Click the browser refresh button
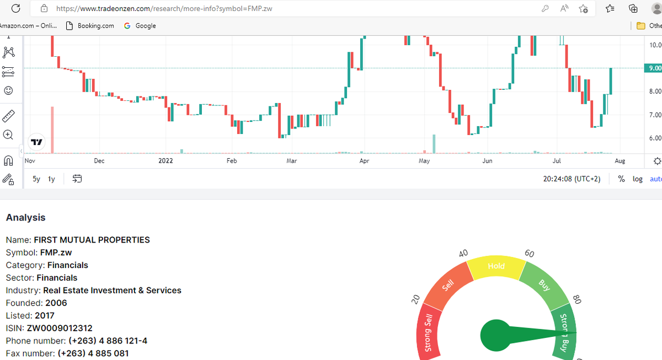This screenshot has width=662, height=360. (x=16, y=8)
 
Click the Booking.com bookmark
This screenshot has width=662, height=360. (x=90, y=26)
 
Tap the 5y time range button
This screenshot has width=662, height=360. (x=36, y=179)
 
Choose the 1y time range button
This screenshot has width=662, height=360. (x=51, y=179)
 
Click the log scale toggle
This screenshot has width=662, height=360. (x=637, y=179)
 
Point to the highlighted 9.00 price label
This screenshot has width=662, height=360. (x=654, y=68)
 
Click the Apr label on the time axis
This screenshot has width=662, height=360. (x=364, y=161)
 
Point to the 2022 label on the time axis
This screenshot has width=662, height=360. (x=165, y=161)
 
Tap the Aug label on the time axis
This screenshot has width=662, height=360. (x=620, y=161)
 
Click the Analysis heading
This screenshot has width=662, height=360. (x=26, y=218)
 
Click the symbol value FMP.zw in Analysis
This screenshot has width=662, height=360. (x=56, y=252)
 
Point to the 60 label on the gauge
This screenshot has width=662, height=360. (x=530, y=254)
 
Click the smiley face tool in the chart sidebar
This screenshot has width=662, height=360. (x=8, y=90)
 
